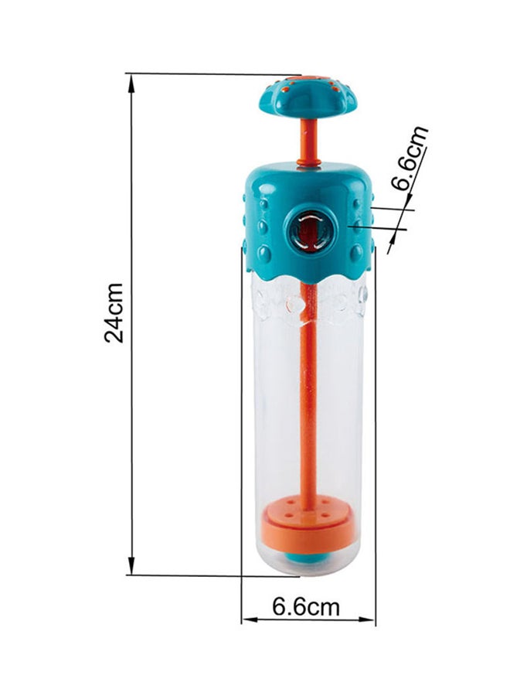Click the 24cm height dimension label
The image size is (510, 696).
pyautogui.click(x=114, y=313)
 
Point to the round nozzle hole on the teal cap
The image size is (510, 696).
pyautogui.click(x=311, y=230)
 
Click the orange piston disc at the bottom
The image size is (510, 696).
pyautogui.click(x=308, y=527)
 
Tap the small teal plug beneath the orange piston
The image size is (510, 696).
pyautogui.click(x=305, y=557)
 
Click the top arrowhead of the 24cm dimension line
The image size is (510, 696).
pyautogui.click(x=131, y=83)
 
